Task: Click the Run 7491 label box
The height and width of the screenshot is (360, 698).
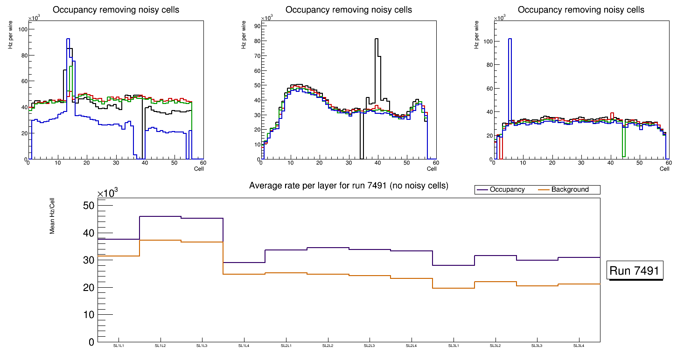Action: point(635,270)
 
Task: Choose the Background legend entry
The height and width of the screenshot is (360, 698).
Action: point(570,190)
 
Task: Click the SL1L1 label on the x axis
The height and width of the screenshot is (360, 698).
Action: point(119,346)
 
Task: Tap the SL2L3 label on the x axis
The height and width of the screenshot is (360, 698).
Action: point(369,346)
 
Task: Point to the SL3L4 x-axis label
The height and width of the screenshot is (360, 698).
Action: point(579,346)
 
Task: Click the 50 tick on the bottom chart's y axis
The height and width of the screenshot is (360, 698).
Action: point(88,206)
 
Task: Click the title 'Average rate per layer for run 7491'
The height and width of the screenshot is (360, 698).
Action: point(349,186)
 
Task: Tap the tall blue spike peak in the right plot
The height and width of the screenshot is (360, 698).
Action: point(510,39)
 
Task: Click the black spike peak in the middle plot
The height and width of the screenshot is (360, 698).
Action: point(376,39)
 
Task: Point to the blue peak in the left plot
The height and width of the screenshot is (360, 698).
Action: point(68,39)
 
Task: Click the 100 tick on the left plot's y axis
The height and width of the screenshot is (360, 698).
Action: point(22,29)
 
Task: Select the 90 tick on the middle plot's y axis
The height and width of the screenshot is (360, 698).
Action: point(256,26)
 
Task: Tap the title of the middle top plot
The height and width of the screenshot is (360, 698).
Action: point(349,10)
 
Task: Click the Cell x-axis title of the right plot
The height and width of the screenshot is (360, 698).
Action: point(664,169)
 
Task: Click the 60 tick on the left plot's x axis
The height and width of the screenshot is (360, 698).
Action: point(203,163)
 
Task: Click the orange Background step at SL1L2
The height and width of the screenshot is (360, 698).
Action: point(160,240)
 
